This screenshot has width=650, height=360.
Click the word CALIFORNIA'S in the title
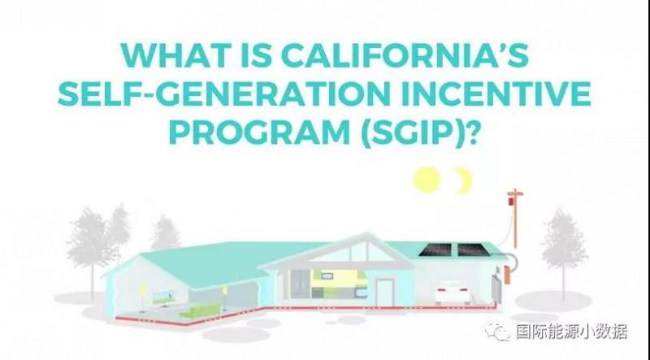pos(405,55)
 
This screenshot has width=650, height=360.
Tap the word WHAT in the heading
pos(176,55)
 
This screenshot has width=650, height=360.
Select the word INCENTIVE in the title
pos(496,93)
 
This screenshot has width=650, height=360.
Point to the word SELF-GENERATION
pos(224,93)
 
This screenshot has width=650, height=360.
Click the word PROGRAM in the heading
pos(260,132)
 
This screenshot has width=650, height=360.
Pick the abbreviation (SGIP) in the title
pos(419,132)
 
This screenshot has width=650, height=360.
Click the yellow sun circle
pos(427,180)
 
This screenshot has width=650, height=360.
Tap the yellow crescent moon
pos(464,180)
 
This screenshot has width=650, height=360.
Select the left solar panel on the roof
pos(435,249)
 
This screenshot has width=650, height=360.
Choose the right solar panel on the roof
pos(474,249)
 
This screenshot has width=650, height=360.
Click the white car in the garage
pos(453,293)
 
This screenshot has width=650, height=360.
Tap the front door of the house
pos(384,293)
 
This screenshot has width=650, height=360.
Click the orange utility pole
pos(515,219)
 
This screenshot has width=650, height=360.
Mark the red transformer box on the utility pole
pos(511,202)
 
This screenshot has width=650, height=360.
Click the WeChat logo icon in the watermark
pos(498,332)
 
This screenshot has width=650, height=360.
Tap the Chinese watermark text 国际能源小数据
pos(572,332)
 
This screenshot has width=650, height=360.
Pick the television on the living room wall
pos(164,297)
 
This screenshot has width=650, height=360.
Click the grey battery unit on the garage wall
pos(496,289)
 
